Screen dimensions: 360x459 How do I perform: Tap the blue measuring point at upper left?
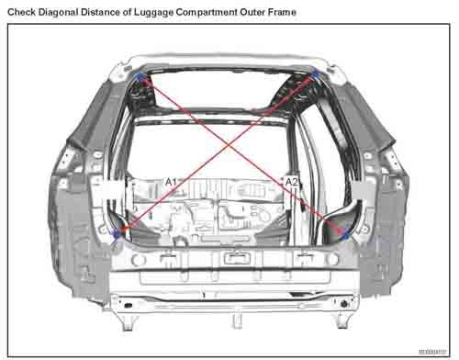pyautogui.click(x=140, y=79)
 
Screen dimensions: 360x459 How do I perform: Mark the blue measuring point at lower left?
pyautogui.click(x=115, y=234)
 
